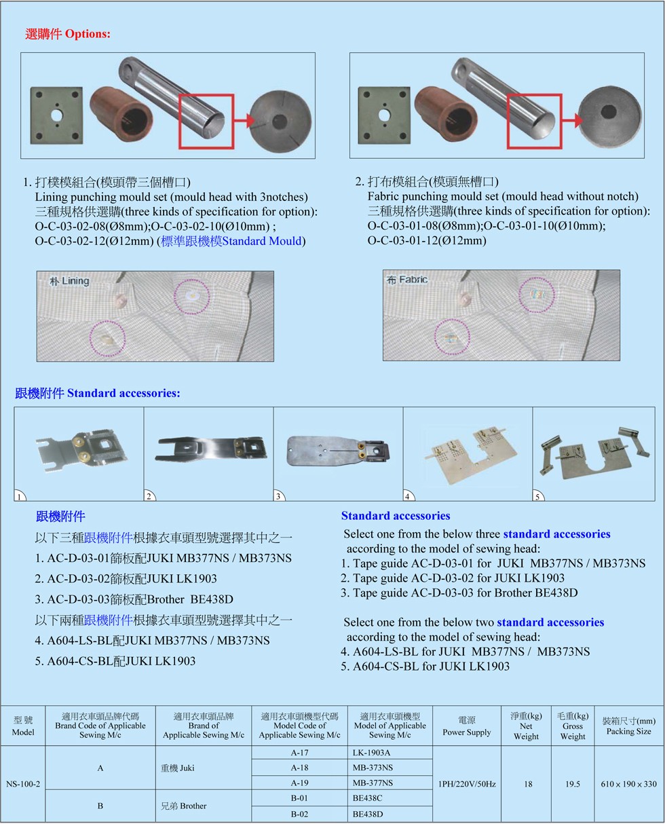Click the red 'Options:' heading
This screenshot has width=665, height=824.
tap(88, 34)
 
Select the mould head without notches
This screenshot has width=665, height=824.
tap(610, 117)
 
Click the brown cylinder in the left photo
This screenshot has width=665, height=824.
tap(121, 114)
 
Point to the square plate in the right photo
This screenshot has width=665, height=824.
tap(384, 115)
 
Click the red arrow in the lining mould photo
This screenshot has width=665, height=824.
tap(244, 121)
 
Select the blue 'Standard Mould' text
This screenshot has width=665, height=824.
tap(261, 241)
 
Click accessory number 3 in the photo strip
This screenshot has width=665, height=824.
tap(338, 451)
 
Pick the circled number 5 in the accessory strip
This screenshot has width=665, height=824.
tap(537, 497)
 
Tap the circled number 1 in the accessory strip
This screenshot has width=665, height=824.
tap(19, 497)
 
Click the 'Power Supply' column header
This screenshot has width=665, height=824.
tap(467, 732)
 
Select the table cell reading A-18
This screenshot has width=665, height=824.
tap(299, 767)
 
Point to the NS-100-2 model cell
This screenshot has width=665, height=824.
tap(23, 784)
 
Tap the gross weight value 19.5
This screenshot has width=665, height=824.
tap(572, 784)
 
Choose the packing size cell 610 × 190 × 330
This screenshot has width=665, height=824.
tap(628, 784)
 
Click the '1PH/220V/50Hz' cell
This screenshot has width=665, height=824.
tap(467, 784)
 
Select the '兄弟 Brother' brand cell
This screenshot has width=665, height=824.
tap(183, 806)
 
